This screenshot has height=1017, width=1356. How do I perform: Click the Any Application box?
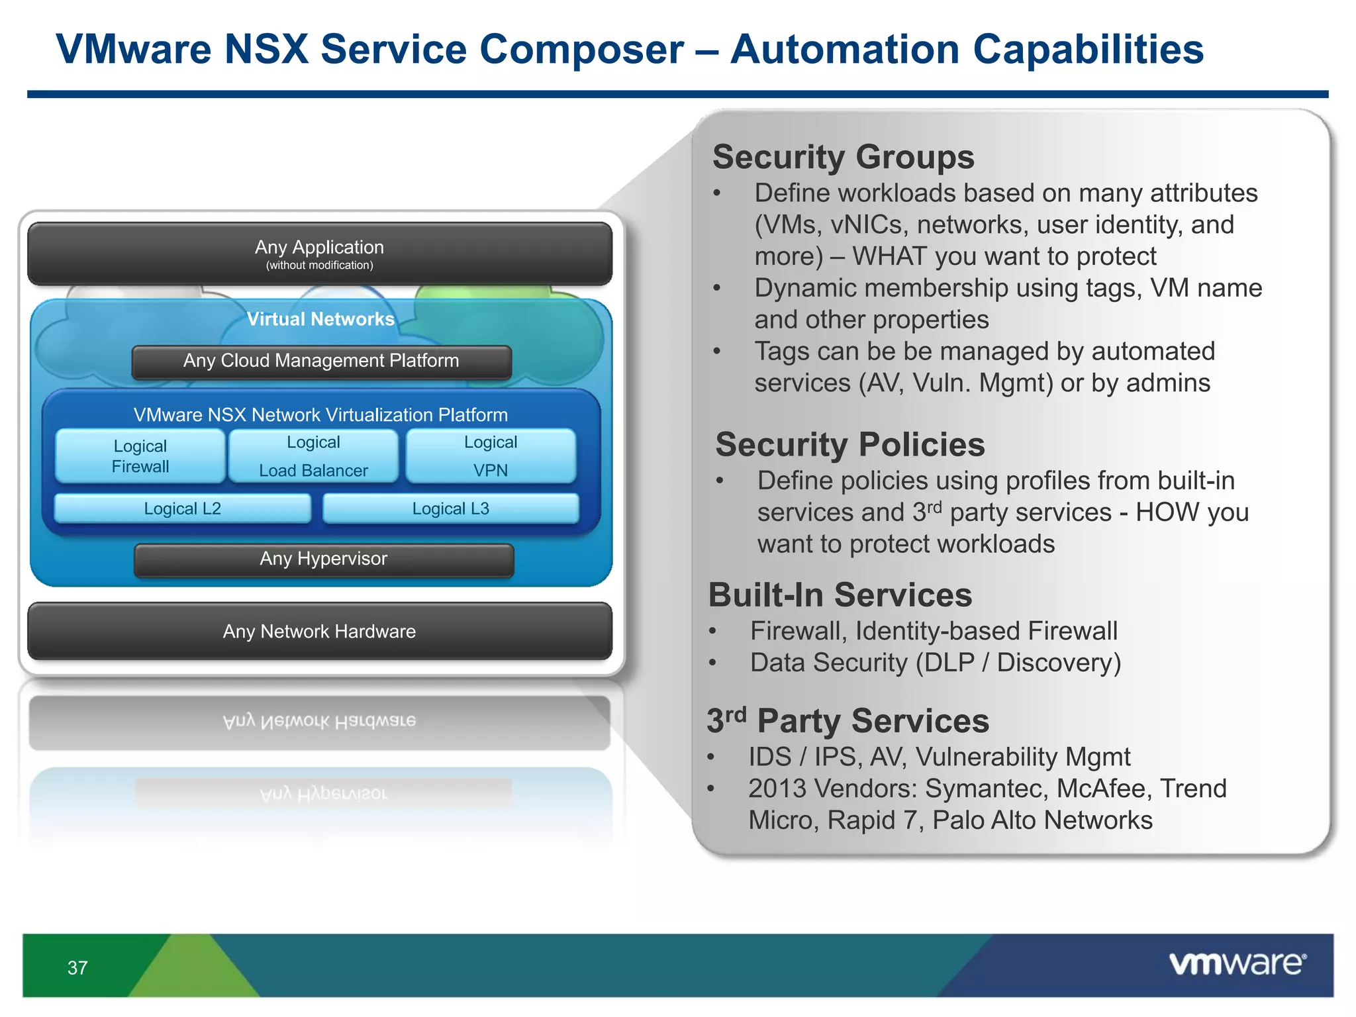click(320, 254)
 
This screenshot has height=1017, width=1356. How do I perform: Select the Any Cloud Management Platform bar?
click(321, 362)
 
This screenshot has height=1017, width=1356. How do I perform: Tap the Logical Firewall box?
click(140, 456)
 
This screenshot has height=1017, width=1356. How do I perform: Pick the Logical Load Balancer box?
click(313, 456)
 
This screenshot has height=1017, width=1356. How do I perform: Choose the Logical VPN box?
click(491, 456)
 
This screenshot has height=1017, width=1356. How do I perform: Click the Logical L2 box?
click(183, 508)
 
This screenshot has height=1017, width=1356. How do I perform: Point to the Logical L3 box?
click(451, 508)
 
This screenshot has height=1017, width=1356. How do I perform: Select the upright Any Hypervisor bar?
click(324, 559)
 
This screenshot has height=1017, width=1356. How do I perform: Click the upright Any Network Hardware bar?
click(320, 632)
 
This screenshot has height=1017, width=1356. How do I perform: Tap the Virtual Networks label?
click(320, 319)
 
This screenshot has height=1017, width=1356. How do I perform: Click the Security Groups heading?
click(843, 158)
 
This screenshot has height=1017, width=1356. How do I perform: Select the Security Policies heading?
click(850, 445)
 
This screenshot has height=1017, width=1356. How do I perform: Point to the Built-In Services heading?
click(840, 595)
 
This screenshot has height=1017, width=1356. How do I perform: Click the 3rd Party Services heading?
click(848, 721)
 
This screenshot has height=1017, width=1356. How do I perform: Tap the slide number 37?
click(77, 968)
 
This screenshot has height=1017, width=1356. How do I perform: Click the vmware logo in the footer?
click(1237, 964)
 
